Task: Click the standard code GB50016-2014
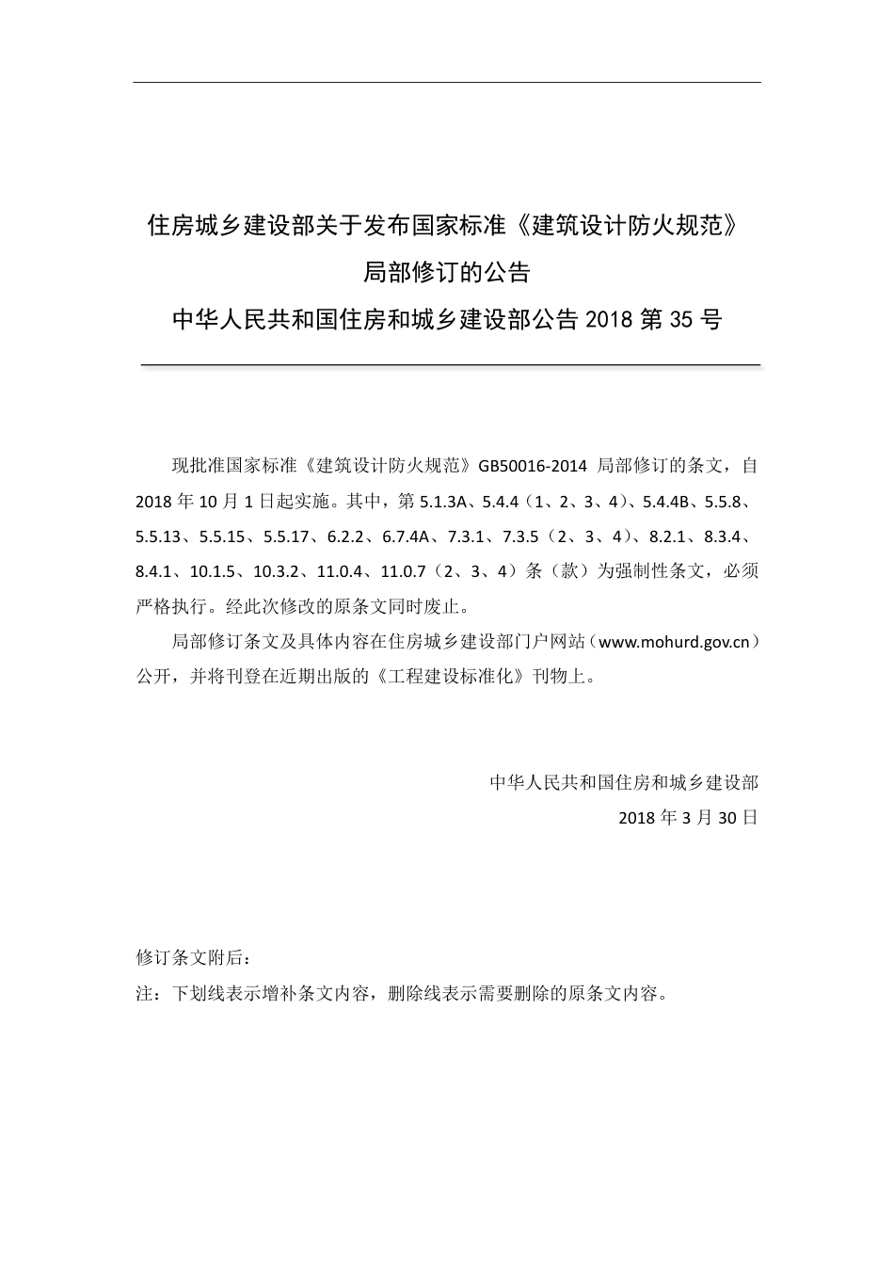click(534, 466)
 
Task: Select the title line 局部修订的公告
click(447, 273)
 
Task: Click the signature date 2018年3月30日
click(688, 817)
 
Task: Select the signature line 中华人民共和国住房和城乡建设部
click(624, 782)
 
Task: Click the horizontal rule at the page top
click(447, 82)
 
